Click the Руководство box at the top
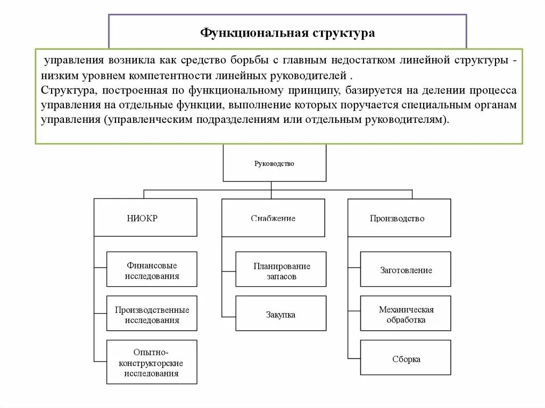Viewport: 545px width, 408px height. [274, 163]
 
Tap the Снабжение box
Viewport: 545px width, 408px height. [273, 218]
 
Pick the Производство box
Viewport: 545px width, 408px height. [399, 218]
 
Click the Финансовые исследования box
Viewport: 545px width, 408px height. [152, 270]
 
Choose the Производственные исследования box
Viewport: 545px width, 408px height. [152, 314]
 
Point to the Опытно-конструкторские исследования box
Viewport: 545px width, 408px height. [152, 362]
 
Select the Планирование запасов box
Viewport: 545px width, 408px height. [281, 270]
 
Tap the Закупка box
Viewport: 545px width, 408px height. [281, 314]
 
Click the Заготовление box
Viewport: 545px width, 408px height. [406, 270]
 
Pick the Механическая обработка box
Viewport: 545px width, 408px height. [406, 314]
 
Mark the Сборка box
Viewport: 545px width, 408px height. [406, 359]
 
